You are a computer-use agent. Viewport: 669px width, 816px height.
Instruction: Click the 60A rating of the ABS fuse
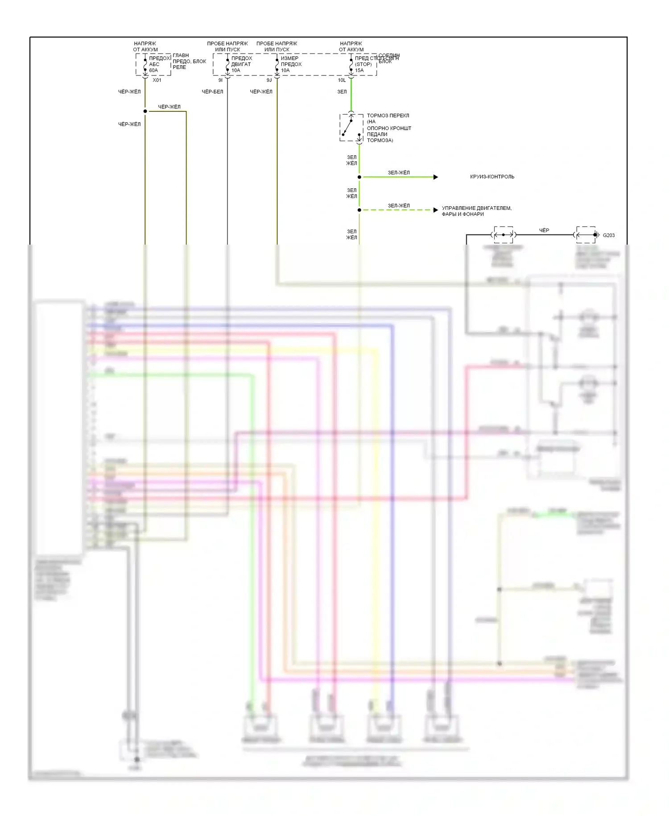point(153,71)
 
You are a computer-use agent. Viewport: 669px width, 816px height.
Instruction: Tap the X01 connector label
point(157,80)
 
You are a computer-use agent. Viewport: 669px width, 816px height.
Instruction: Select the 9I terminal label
point(220,80)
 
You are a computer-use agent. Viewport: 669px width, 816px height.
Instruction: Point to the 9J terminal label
point(269,80)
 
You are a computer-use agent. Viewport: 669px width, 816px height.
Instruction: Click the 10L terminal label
point(342,80)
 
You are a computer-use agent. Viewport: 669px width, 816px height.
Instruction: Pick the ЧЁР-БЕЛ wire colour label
point(212,92)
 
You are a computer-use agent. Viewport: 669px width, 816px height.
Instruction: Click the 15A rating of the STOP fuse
point(359,71)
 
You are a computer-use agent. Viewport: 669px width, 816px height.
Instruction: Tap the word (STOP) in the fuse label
point(363,64)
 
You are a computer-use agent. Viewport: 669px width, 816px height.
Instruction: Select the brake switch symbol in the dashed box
point(351,128)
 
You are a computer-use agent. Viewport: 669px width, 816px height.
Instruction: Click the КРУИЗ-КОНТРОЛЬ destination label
point(492,177)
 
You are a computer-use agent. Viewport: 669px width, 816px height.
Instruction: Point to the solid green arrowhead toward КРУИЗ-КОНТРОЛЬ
point(436,177)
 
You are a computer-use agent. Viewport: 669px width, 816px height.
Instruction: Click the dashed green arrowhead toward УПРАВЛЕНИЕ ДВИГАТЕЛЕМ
point(436,210)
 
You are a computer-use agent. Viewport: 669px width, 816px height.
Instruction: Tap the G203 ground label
point(609,235)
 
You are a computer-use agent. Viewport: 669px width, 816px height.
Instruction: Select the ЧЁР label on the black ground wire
point(544,230)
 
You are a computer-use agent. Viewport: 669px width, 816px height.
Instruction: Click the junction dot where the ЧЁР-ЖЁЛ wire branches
point(145,111)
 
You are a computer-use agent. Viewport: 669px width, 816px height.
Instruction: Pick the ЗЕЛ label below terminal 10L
point(342,92)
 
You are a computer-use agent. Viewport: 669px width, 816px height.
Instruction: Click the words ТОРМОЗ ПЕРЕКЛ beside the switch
point(388,116)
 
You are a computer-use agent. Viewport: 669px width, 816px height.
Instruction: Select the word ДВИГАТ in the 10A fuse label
point(241,64)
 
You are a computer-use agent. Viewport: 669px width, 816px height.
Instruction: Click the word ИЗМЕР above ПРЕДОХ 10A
point(289,58)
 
